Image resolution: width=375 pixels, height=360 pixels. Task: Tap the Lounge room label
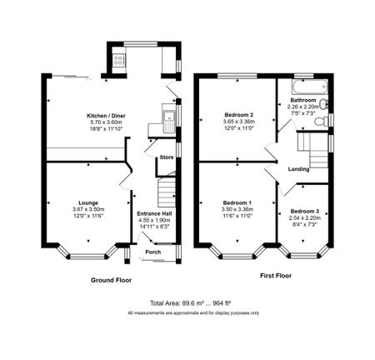[88, 202]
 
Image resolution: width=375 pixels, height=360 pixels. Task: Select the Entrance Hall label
[152, 212]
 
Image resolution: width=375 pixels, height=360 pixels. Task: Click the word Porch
[153, 252]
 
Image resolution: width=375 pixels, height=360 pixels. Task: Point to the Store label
[166, 157]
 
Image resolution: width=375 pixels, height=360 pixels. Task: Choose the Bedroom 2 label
[238, 114]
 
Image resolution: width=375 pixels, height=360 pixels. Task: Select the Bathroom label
[302, 99]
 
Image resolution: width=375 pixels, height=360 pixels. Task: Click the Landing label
[299, 171]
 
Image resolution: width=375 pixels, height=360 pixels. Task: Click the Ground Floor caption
[111, 281]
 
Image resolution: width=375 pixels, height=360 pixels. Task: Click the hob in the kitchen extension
[117, 60]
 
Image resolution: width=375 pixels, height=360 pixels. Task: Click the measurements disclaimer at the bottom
[192, 312]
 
